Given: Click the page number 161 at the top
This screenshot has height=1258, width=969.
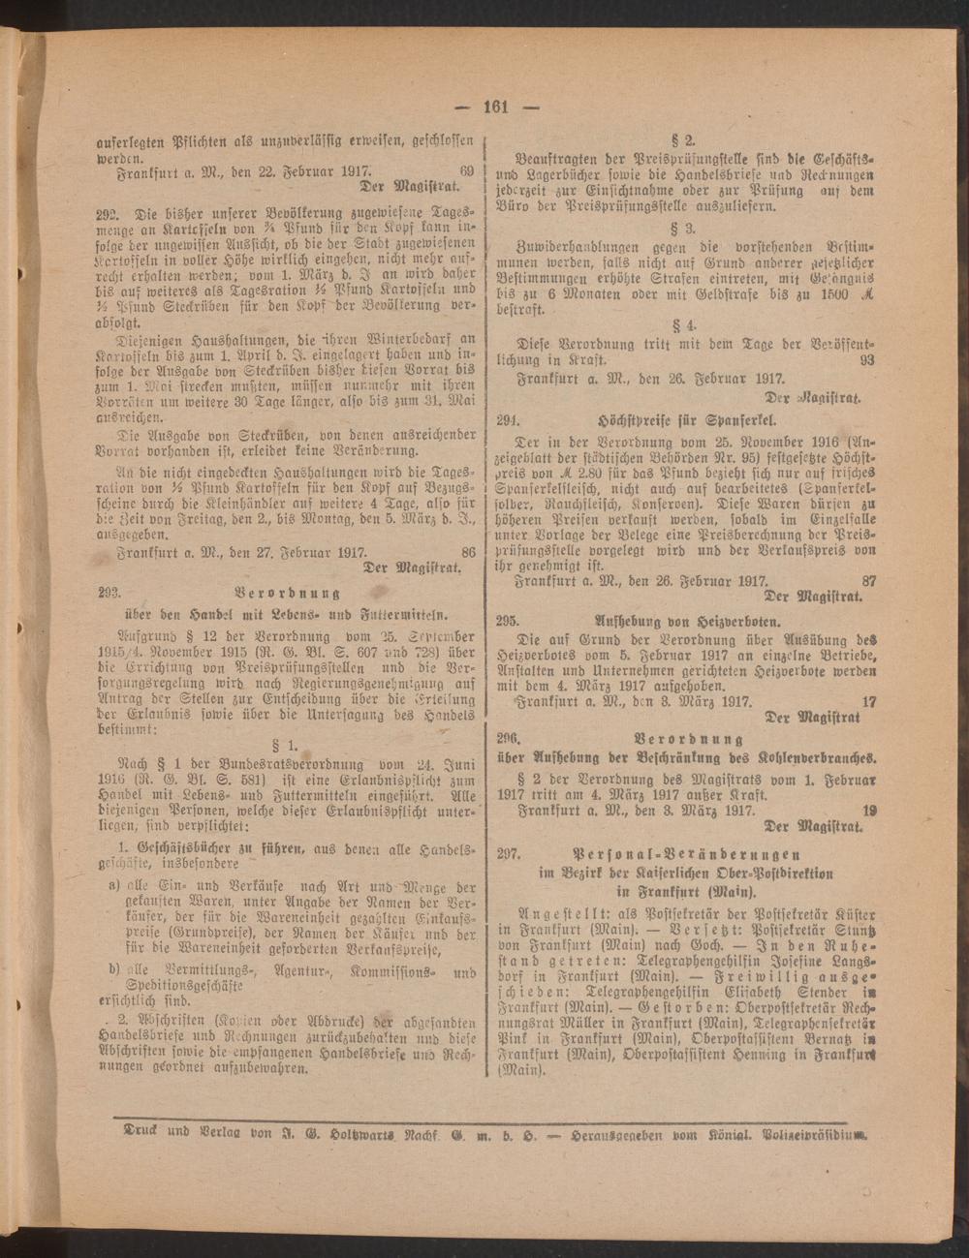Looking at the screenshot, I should (x=495, y=107).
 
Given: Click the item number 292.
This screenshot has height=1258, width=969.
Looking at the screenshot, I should (x=109, y=215).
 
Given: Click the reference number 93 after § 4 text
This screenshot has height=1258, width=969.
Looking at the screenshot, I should (x=865, y=359).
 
